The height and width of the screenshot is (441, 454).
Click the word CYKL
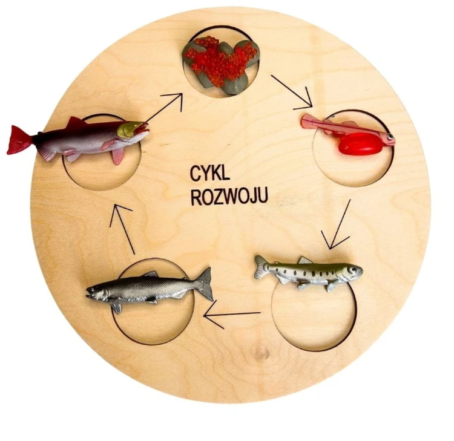click(210, 174)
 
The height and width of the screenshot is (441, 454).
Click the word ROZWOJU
click(229, 197)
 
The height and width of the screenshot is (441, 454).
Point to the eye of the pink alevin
click(389, 136)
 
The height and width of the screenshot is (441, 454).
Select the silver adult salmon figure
click(150, 289)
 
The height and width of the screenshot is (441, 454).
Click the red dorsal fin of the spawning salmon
click(76, 123)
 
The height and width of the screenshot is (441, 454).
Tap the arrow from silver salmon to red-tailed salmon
click(122, 229)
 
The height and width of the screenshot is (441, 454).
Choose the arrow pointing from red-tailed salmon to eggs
click(164, 107)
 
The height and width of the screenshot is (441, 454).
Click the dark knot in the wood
click(262, 353)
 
